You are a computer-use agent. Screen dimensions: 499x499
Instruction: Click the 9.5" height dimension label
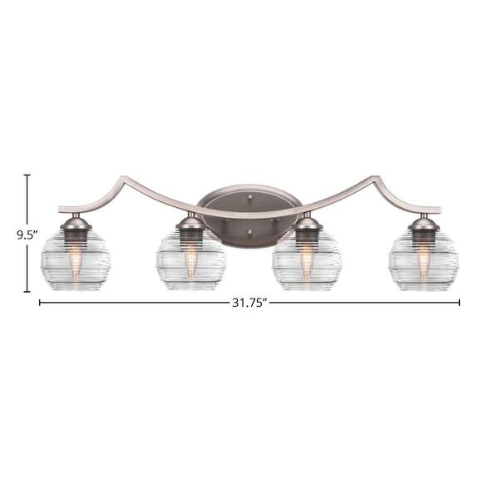point(27,235)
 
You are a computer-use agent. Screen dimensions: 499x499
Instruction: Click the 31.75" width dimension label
point(249,303)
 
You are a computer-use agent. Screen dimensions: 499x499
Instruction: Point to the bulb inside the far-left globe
point(75,259)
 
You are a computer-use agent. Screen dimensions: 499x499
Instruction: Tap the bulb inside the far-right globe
point(423,259)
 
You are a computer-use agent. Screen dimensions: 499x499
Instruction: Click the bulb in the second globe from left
point(190,259)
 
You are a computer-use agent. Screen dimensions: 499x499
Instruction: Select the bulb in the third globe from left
point(306,259)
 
